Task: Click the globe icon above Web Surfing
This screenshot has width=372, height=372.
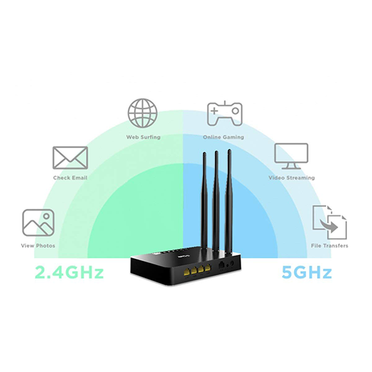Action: pyautogui.click(x=143, y=113)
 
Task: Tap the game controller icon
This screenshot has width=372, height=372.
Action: pyautogui.click(x=225, y=114)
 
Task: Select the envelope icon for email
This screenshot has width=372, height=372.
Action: pyautogui.click(x=70, y=158)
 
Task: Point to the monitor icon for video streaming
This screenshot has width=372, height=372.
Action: pyautogui.click(x=292, y=156)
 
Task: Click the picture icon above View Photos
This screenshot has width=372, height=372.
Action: pyautogui.click(x=38, y=223)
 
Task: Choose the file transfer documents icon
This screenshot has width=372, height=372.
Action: pyautogui.click(x=329, y=223)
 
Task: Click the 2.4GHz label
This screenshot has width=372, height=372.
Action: pyautogui.click(x=69, y=273)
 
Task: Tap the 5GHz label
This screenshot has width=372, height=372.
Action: pyautogui.click(x=306, y=273)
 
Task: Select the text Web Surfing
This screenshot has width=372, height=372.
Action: pyautogui.click(x=143, y=137)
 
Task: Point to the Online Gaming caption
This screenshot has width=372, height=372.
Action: pyautogui.click(x=223, y=137)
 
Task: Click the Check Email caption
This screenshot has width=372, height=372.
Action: pyautogui.click(x=70, y=178)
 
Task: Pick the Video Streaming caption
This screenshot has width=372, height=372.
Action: pyautogui.click(x=292, y=178)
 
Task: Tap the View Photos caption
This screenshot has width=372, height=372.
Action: pyautogui.click(x=38, y=246)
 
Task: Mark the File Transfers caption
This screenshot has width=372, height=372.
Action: pyautogui.click(x=329, y=246)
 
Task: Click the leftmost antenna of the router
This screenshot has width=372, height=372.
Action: pyautogui.click(x=204, y=202)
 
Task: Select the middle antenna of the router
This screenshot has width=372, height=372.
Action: pyautogui.click(x=216, y=202)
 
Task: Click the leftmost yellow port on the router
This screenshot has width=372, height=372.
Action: pyautogui.click(x=187, y=271)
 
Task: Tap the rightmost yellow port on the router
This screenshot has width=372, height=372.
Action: pyautogui.click(x=208, y=269)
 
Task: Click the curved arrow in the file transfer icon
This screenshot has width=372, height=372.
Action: pyautogui.click(x=329, y=225)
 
